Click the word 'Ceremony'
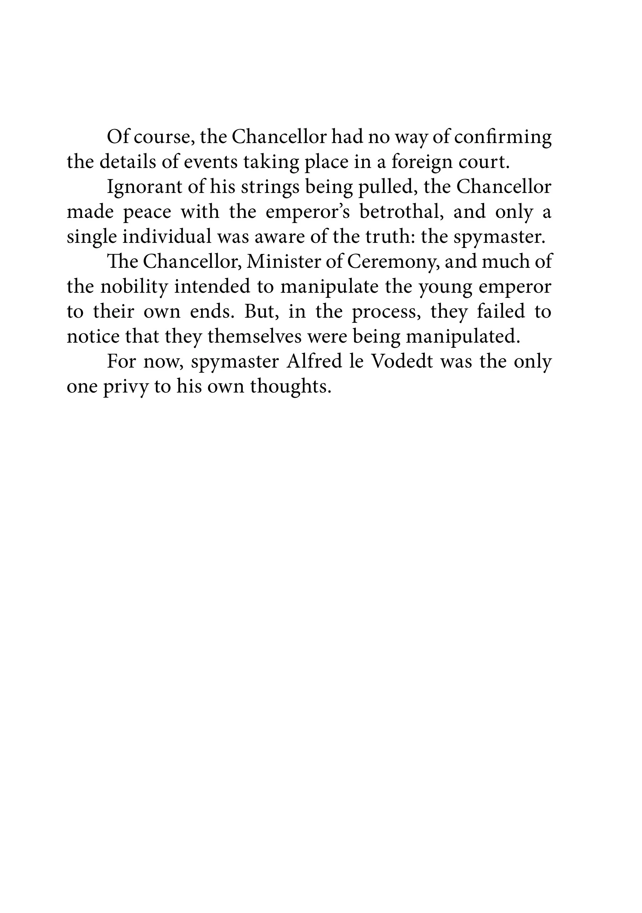393,262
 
